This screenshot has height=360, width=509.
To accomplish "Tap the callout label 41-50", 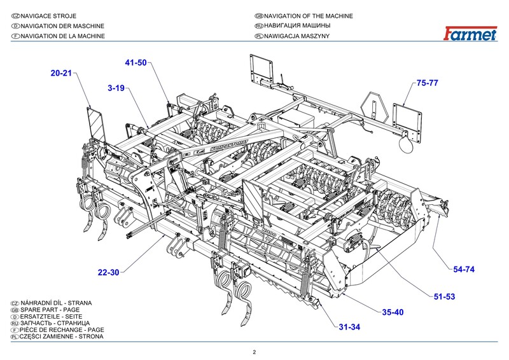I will tap(136, 62).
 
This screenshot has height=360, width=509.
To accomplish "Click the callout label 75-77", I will tap(428, 83).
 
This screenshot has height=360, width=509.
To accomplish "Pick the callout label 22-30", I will tap(109, 272).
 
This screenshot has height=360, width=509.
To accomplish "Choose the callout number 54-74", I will tap(464, 270).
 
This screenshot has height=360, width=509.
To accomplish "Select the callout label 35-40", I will tap(393, 312).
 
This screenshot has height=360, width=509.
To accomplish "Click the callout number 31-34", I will tap(349, 327).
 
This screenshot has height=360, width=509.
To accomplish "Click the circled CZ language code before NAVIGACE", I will tap(15, 15).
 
